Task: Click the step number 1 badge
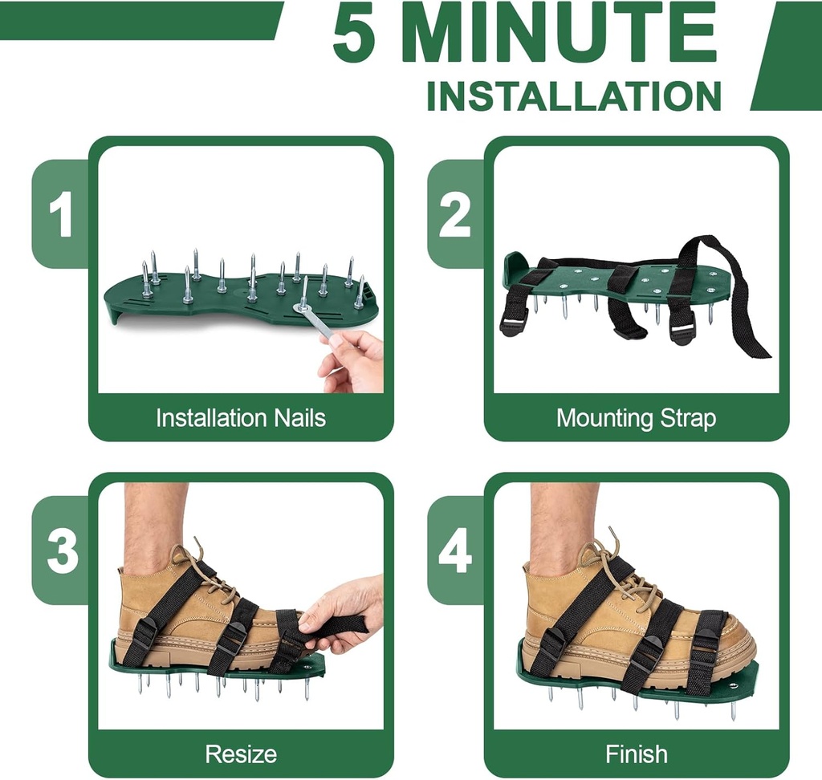(60, 214)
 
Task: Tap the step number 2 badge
(455, 214)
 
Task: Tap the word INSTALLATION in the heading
(573, 95)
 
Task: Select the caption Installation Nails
(240, 418)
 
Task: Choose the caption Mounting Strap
(636, 418)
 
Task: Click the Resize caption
(240, 754)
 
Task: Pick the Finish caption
(636, 754)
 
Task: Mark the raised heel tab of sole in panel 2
(515, 265)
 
